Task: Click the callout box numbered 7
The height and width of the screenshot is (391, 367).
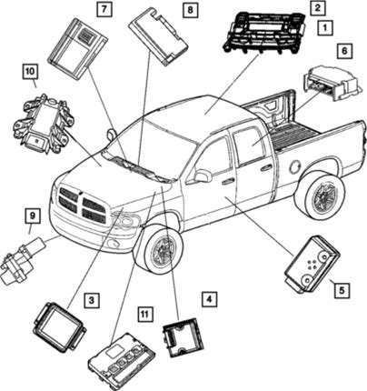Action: (x=104, y=9)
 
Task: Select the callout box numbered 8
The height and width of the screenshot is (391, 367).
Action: (x=190, y=10)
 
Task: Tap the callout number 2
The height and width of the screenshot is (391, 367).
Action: (x=317, y=8)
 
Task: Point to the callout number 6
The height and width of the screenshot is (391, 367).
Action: (x=344, y=51)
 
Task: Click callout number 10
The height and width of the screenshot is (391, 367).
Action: (x=30, y=72)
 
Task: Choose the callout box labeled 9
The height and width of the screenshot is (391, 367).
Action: (x=33, y=216)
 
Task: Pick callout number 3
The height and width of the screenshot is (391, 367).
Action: (x=92, y=300)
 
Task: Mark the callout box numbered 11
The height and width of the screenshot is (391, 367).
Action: (x=145, y=314)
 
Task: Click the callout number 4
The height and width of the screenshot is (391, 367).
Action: (x=210, y=299)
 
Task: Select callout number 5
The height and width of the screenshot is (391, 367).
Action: (x=342, y=290)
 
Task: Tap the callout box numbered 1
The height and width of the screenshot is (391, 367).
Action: (x=325, y=28)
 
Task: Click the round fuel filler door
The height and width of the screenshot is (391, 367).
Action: (x=295, y=167)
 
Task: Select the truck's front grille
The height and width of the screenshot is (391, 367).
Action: (x=83, y=205)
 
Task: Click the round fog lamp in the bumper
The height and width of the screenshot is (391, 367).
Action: (x=114, y=243)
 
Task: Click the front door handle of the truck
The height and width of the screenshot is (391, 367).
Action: (x=227, y=182)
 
